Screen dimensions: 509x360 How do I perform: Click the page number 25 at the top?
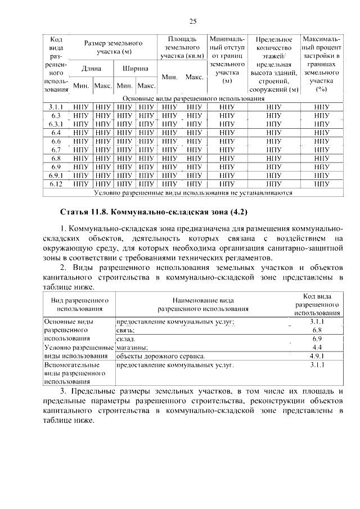[x=192, y=21]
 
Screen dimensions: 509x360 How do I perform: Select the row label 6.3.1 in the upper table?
[x=55, y=124]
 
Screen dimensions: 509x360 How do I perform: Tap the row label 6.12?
[x=55, y=183]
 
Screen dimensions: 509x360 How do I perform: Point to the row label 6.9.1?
[x=55, y=175]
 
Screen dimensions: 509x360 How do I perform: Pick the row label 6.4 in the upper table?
[x=55, y=132]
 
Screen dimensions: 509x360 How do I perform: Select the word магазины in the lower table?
[x=132, y=348]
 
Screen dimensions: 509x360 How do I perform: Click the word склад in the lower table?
[x=125, y=339]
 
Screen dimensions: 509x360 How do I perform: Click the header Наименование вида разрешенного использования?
[x=203, y=304]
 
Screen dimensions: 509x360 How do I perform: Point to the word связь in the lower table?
[x=125, y=330]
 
